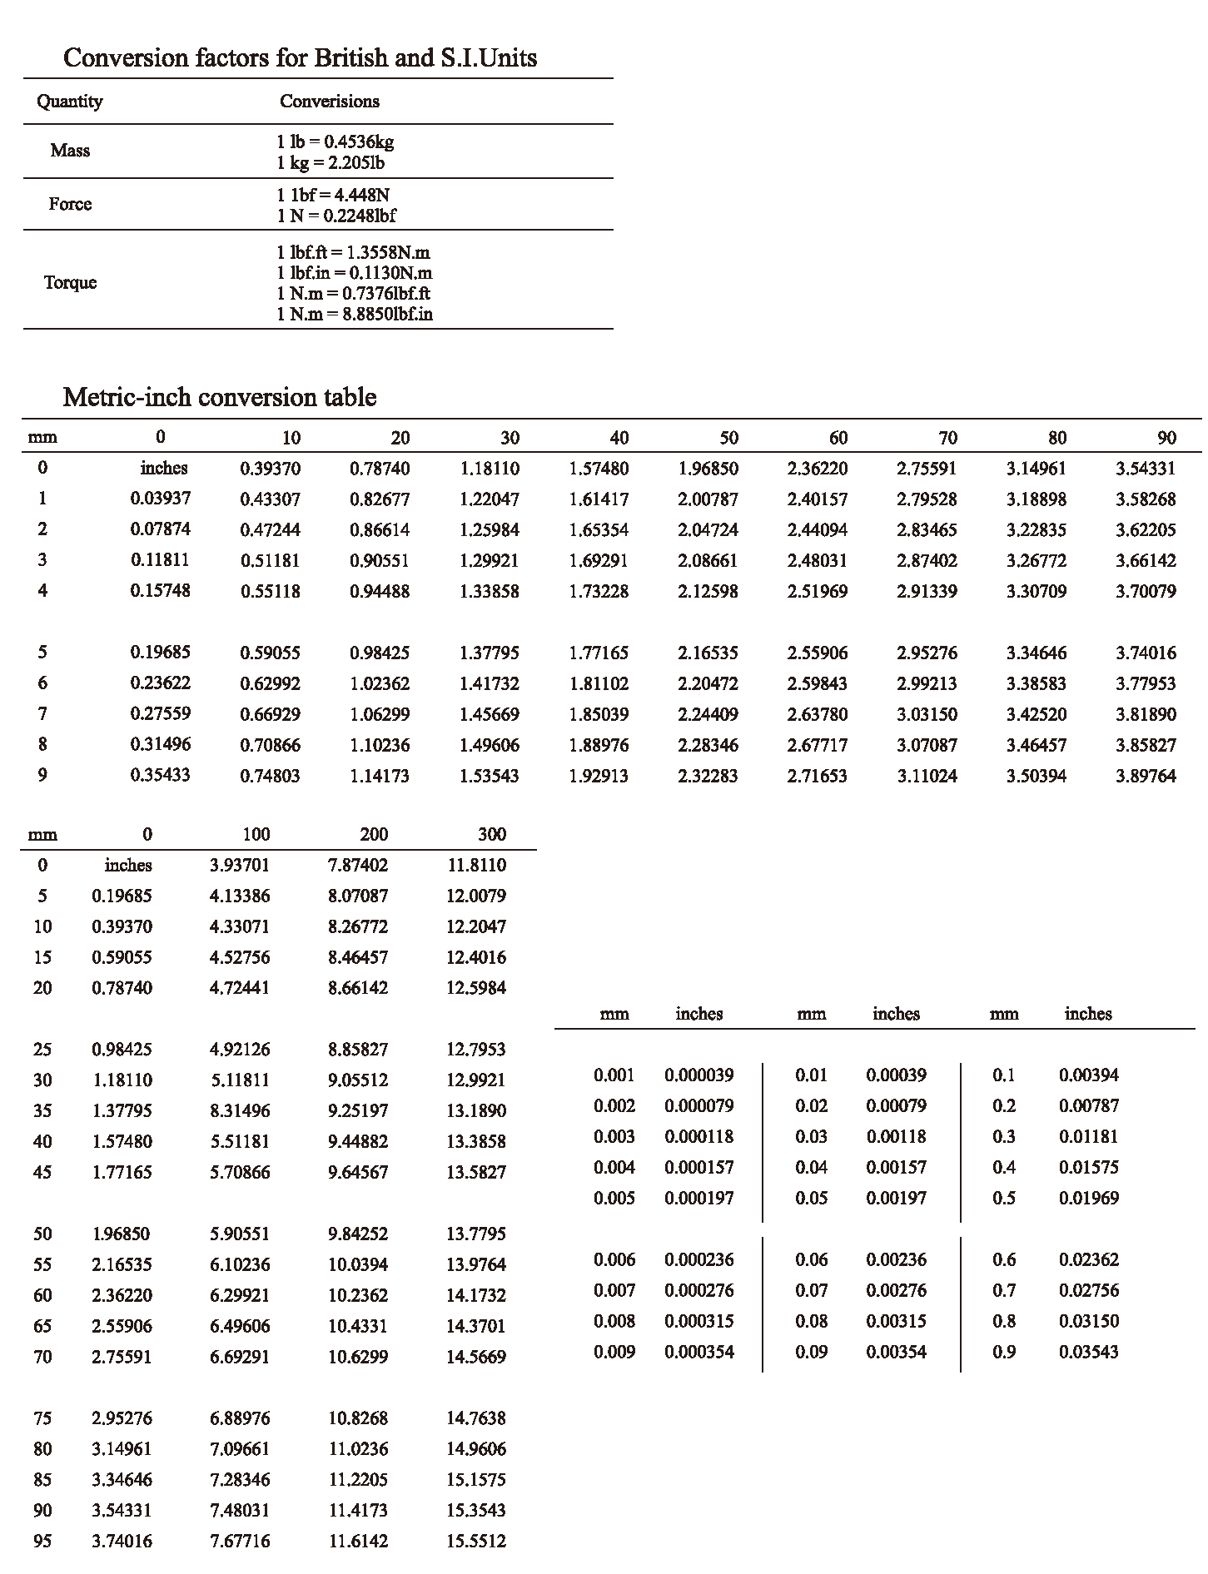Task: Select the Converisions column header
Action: coord(329,102)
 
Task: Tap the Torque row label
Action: coord(71,282)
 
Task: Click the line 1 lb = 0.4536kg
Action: coord(335,142)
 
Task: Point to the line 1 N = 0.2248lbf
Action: coord(336,216)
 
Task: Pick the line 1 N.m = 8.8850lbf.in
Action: coord(355,315)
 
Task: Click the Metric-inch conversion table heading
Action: coord(220,397)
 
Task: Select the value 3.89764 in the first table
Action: coord(1146,776)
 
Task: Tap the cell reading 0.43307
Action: coord(270,499)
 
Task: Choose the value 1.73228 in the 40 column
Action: coord(599,591)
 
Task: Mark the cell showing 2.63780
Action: coord(818,714)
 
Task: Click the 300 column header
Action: coord(492,834)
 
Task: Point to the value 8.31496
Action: coord(240,1110)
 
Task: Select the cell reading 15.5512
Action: coord(475,1541)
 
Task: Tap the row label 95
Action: coord(42,1541)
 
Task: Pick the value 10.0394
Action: coord(358,1264)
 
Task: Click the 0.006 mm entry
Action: coord(614,1259)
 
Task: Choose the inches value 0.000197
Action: coord(699,1198)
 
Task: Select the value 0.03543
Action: coord(1089,1352)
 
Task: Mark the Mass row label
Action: coord(70,151)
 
